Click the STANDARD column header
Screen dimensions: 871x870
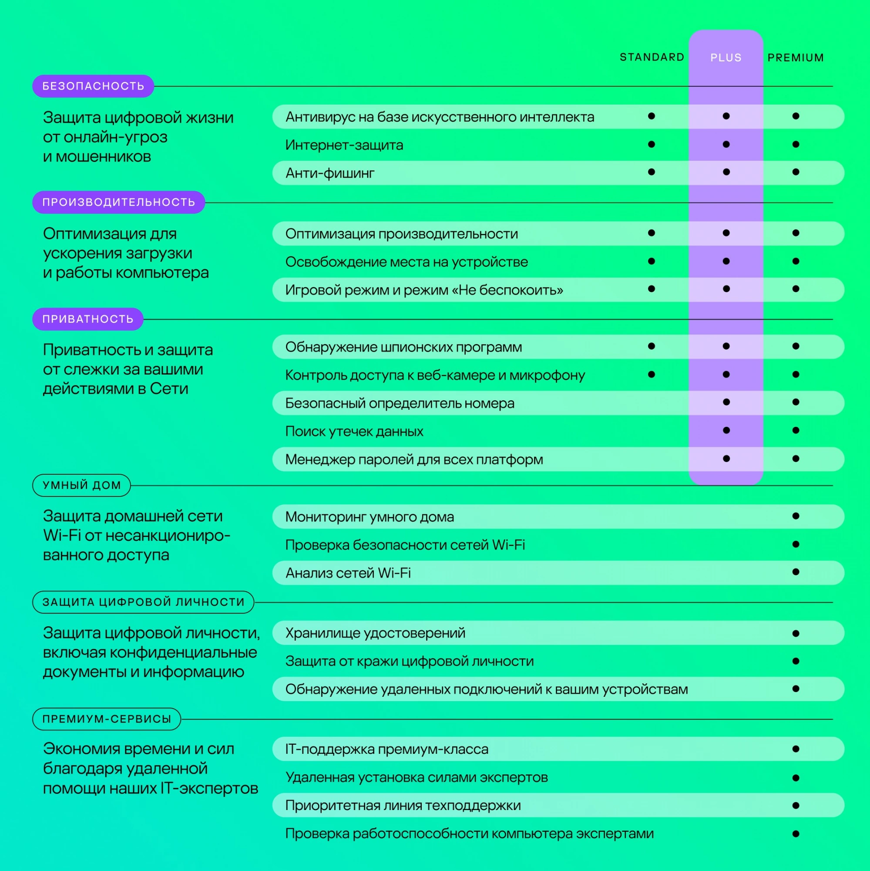click(x=652, y=57)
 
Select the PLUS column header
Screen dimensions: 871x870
click(x=726, y=58)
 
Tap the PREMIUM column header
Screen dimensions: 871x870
click(x=795, y=58)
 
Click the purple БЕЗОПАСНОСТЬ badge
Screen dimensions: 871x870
click(x=93, y=86)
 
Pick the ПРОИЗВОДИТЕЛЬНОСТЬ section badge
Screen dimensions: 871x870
click(x=118, y=203)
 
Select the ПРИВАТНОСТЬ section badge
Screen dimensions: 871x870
click(x=88, y=319)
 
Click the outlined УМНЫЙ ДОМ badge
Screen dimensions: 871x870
click(x=81, y=485)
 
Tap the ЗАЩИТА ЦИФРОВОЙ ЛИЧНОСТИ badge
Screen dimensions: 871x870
click(x=143, y=602)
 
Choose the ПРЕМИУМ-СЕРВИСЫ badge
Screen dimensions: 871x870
click(x=107, y=719)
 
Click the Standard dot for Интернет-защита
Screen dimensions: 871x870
click(x=651, y=144)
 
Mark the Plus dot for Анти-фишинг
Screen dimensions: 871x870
click(x=726, y=172)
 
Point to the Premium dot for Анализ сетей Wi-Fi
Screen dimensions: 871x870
click(x=795, y=572)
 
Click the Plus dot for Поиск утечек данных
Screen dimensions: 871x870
click(x=726, y=430)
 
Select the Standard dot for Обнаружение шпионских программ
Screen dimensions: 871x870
click(x=651, y=346)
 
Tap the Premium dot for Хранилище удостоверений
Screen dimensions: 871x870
click(x=795, y=633)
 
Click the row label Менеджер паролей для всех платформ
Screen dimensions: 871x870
click(x=414, y=459)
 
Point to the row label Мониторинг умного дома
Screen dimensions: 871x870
click(x=369, y=517)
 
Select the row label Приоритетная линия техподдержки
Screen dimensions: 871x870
click(x=403, y=805)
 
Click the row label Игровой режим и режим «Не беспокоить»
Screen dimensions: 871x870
click(x=424, y=290)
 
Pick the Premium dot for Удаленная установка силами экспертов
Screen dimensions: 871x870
click(x=795, y=778)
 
